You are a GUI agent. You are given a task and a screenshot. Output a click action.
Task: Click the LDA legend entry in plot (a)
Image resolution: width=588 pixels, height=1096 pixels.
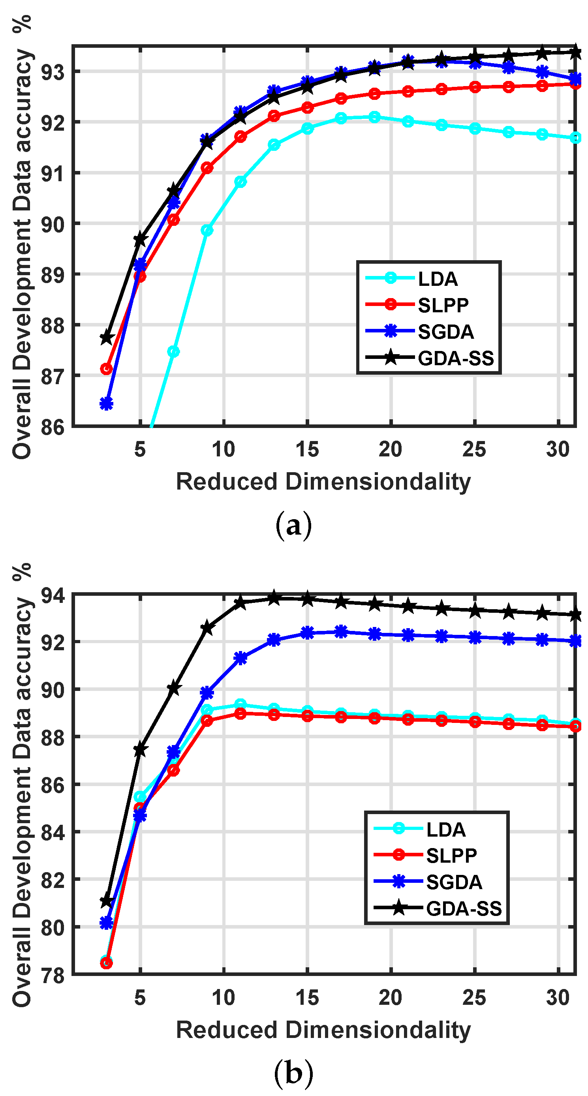pyautogui.click(x=438, y=279)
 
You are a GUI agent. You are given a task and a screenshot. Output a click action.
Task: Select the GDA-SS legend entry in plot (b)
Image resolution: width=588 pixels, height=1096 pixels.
pyautogui.click(x=463, y=908)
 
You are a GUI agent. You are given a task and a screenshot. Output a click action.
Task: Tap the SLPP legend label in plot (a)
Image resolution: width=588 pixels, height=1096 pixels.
pyautogui.click(x=443, y=305)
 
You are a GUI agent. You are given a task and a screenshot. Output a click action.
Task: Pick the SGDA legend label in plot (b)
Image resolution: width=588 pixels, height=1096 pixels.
pyautogui.click(x=454, y=882)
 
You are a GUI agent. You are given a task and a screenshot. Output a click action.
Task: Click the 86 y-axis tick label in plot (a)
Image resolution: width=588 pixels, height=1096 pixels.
pyautogui.click(x=53, y=427)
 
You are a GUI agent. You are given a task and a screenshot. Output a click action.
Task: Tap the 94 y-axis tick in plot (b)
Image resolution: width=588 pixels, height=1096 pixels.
pyautogui.click(x=53, y=595)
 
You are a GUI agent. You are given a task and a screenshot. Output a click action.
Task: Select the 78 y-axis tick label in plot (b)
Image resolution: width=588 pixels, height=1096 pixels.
pyautogui.click(x=53, y=975)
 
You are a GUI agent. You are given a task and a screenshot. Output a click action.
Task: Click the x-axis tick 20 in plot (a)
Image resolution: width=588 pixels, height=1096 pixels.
pyautogui.click(x=390, y=450)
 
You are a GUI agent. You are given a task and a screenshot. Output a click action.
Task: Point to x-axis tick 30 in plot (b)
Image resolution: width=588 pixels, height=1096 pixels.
pyautogui.click(x=557, y=998)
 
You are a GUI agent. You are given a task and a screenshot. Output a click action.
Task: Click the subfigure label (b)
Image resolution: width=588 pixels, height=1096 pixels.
pyautogui.click(x=293, y=1073)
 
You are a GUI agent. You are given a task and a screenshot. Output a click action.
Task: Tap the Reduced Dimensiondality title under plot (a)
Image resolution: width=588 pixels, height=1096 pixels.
pyautogui.click(x=323, y=482)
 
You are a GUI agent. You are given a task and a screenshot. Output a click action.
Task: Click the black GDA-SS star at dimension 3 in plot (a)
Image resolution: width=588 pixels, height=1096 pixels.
pyautogui.click(x=106, y=338)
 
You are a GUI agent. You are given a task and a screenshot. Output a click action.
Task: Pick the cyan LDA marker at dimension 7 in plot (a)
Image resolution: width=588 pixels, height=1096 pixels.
pyautogui.click(x=173, y=351)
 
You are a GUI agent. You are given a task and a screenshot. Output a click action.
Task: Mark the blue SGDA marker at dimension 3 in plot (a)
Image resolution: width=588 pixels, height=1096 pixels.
pyautogui.click(x=106, y=403)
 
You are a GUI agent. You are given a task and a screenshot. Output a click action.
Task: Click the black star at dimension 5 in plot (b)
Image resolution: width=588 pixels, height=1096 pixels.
pyautogui.click(x=140, y=750)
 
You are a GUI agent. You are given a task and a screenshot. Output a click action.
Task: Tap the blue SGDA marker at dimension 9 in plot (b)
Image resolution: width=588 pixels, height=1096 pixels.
pyautogui.click(x=207, y=693)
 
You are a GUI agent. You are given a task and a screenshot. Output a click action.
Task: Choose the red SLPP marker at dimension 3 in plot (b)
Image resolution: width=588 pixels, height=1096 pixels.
pyautogui.click(x=106, y=963)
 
